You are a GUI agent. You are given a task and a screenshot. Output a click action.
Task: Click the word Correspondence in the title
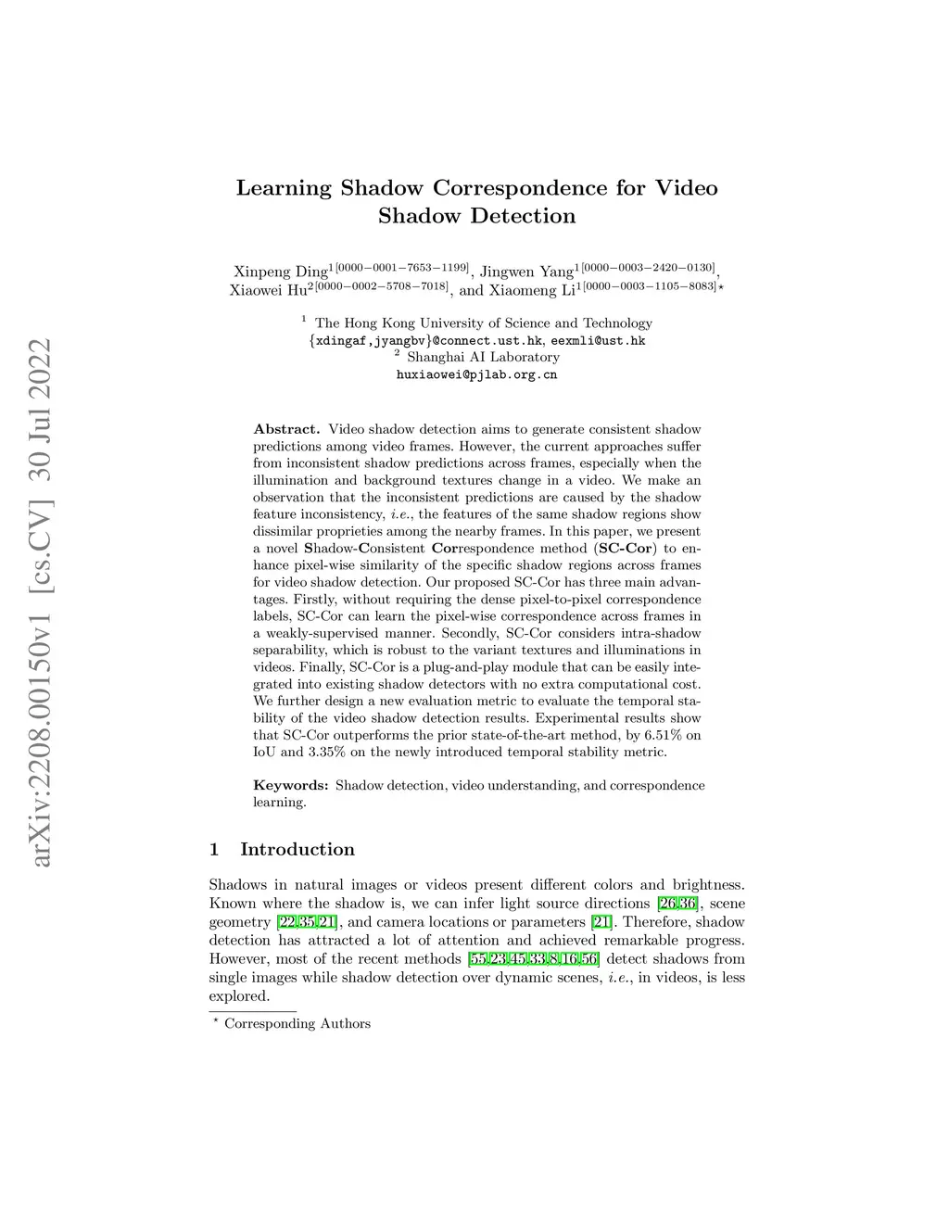(520, 188)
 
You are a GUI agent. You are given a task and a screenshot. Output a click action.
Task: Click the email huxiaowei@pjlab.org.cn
(476, 374)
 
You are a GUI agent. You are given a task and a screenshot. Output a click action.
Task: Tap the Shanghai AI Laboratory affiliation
(483, 357)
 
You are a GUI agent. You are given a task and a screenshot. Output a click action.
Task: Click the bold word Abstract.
(286, 429)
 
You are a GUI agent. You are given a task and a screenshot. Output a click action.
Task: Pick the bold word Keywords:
(291, 785)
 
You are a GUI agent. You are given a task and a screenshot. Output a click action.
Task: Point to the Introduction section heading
(297, 849)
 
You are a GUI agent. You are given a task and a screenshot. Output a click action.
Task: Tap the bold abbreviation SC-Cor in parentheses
(626, 548)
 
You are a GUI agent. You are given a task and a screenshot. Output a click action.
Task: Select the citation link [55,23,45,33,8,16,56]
(533, 958)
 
